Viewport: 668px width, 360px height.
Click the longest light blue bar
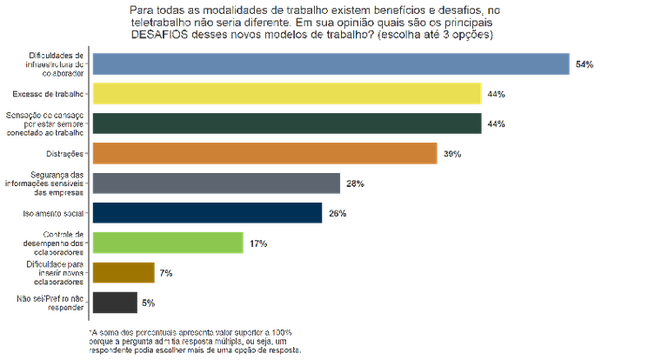click(331, 63)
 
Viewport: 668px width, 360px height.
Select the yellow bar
click(287, 93)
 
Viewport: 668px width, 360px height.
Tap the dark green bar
click(287, 123)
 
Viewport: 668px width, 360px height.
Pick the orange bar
click(264, 153)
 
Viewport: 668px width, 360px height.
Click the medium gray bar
click(216, 183)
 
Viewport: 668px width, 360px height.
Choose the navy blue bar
click(208, 213)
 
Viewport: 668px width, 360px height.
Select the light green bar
click(167, 243)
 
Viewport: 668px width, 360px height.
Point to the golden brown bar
click(123, 272)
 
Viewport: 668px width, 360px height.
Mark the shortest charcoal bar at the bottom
click(113, 302)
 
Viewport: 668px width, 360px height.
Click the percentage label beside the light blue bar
click(584, 64)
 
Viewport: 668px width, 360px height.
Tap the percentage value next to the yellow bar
click(496, 94)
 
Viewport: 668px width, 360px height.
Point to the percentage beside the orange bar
click(451, 154)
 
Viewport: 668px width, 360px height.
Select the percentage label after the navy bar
click(337, 213)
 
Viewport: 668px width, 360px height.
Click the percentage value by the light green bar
click(257, 243)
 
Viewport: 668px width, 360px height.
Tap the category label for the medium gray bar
click(48, 183)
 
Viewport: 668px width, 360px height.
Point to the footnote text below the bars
click(196, 340)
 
